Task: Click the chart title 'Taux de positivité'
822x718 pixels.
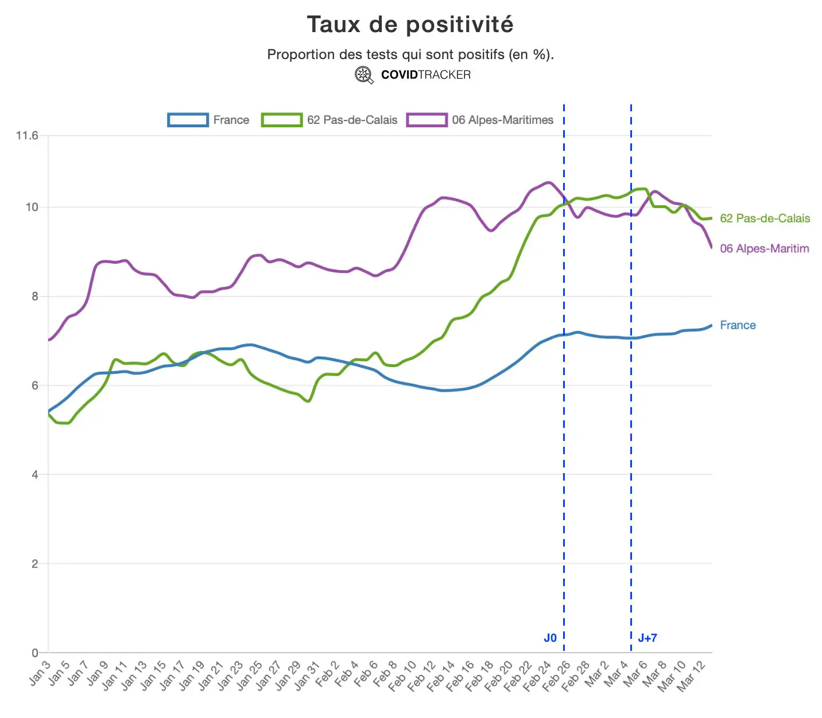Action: tap(410, 25)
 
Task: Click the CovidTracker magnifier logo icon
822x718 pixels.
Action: tap(364, 75)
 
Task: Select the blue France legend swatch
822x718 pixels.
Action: tap(188, 120)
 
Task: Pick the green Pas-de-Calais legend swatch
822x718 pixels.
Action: tap(281, 120)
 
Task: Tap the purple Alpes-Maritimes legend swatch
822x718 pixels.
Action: tap(426, 120)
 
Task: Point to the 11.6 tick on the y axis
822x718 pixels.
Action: tap(27, 136)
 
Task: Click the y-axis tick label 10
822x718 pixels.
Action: tap(32, 207)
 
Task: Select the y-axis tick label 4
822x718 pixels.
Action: tap(35, 475)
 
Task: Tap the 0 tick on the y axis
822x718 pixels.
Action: tap(35, 653)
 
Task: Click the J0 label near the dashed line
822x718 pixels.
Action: tap(550, 638)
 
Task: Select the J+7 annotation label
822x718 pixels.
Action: tap(647, 638)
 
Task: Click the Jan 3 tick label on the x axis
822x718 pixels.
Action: tap(40, 673)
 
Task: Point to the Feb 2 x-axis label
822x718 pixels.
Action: tap(327, 673)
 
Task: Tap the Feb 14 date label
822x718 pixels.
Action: tap(440, 674)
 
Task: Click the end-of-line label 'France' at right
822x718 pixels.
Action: tap(738, 325)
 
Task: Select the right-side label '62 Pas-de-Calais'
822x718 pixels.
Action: tap(765, 218)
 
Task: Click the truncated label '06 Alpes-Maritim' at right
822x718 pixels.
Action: tap(764, 248)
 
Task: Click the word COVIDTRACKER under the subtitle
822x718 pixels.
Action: tap(425, 75)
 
